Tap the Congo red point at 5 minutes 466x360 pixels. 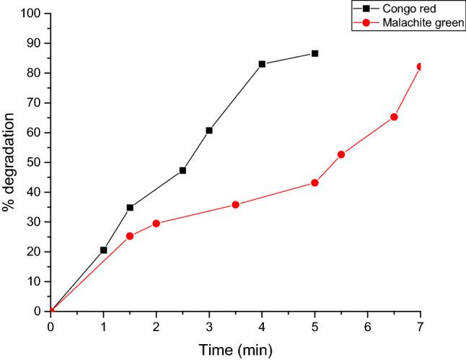(315, 53)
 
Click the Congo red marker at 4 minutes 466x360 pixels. (262, 64)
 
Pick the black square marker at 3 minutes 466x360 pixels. (209, 131)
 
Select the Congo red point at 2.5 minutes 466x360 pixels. (183, 170)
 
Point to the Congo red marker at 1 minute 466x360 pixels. (103, 250)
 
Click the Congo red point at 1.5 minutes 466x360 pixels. (130, 208)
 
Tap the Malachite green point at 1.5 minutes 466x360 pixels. (130, 236)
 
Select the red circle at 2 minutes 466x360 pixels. (156, 224)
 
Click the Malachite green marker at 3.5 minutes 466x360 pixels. (235, 205)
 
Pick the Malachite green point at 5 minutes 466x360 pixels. (315, 183)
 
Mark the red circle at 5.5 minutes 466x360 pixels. (341, 154)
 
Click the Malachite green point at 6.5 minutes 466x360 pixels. (394, 117)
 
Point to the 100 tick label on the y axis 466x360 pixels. (30, 13)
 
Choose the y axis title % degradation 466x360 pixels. (10, 162)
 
